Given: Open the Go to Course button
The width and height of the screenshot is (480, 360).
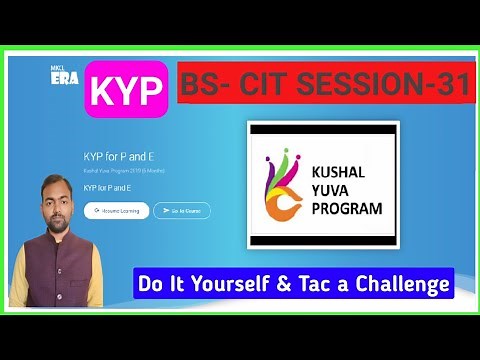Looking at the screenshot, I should click(x=182, y=211).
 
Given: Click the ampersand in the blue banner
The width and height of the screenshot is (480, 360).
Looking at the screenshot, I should click(x=281, y=284).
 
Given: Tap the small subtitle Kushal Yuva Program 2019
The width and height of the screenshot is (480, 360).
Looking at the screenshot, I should click(x=115, y=172).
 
